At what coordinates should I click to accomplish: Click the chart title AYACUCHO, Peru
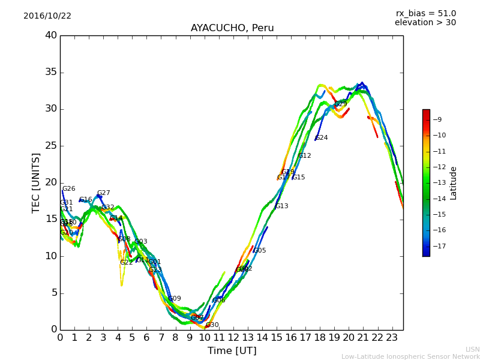click(232, 28)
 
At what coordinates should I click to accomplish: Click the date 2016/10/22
click(47, 16)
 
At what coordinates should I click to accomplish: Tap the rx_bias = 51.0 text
click(425, 13)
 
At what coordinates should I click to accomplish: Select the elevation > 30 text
click(425, 23)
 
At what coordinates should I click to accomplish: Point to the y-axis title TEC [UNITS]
click(36, 183)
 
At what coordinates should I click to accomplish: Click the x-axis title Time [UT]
click(232, 351)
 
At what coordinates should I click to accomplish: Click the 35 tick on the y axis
click(51, 73)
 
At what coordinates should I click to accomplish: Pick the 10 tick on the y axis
click(51, 256)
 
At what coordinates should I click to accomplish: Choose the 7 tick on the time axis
click(161, 338)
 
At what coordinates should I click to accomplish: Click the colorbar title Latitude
click(454, 183)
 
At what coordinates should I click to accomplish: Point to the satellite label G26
click(69, 189)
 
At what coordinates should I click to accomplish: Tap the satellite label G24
click(322, 138)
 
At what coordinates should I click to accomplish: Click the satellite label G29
click(341, 104)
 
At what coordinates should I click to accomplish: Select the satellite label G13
click(282, 206)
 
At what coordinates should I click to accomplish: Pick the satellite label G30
click(212, 325)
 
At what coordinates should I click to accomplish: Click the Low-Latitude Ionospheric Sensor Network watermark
click(410, 356)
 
